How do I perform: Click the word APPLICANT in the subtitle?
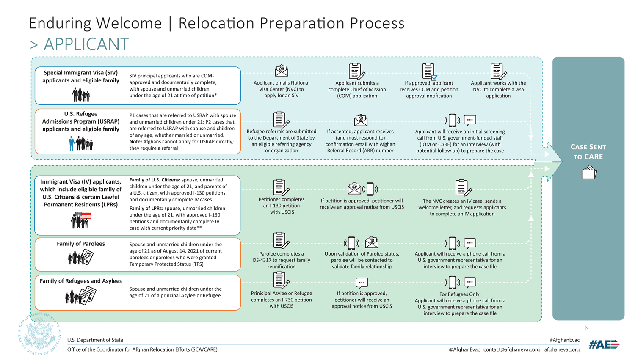[x=86, y=44]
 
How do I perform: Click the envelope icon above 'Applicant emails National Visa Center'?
[x=282, y=71]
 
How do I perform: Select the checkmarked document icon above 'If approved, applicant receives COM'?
[x=429, y=71]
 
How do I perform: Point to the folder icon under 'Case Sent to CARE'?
[x=589, y=173]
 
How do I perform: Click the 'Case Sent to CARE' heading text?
[x=588, y=152]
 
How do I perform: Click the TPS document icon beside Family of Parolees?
[x=88, y=256]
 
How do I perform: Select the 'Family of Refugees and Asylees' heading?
[x=81, y=281]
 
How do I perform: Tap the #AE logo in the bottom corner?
[x=604, y=345]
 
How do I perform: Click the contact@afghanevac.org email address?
[x=511, y=349]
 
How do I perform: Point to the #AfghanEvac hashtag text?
[x=565, y=340]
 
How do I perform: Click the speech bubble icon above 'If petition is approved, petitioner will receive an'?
[x=362, y=283]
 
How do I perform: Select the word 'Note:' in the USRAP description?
[x=135, y=142]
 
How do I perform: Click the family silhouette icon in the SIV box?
[x=81, y=95]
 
